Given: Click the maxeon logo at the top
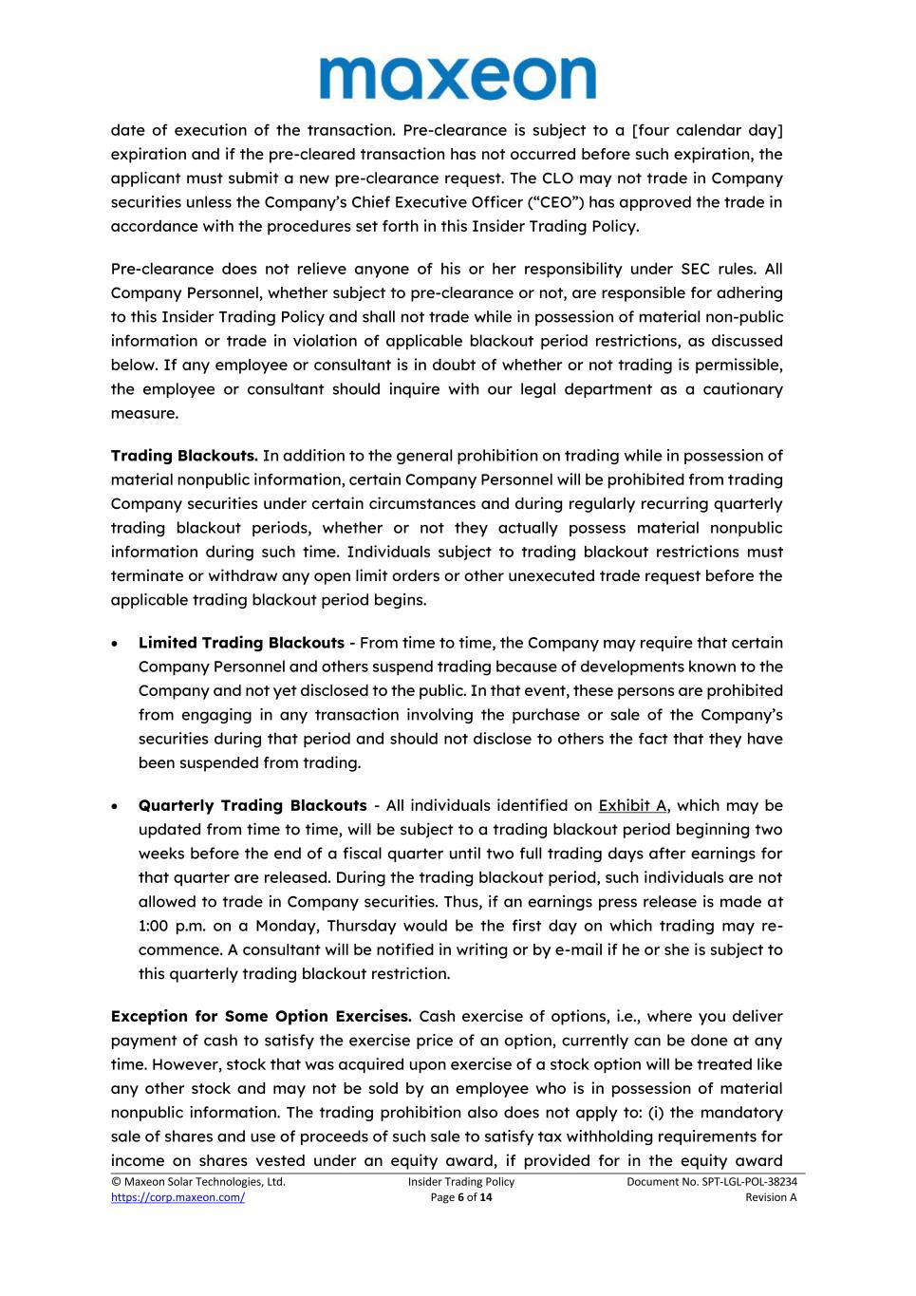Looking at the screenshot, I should coord(458,78).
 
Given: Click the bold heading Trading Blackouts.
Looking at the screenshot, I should coord(184,456).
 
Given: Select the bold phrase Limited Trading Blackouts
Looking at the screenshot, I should coord(241,643).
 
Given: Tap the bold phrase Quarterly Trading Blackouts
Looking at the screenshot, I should coord(252,805).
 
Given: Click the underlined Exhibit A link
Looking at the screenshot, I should coord(632,805).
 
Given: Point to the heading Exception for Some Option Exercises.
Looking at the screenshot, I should coord(260,1016).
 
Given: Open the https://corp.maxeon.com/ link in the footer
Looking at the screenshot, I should coord(178,1197).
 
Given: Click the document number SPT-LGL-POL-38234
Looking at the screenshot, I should coord(711,1182).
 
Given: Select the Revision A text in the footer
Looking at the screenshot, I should coord(771,1197).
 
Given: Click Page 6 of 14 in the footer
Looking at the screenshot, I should coord(461,1197).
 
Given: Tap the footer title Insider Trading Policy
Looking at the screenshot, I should coord(461,1182).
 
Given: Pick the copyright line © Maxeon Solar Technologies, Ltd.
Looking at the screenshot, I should coord(198,1182).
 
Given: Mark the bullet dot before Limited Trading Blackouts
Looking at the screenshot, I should coord(116,644).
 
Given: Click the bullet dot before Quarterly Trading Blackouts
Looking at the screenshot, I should coord(116,806).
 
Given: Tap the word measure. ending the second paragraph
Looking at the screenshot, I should coord(144,413).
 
